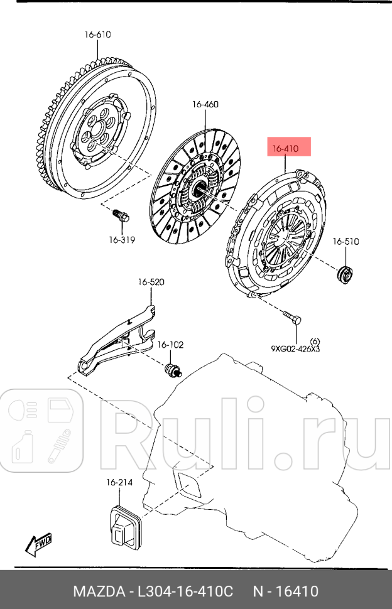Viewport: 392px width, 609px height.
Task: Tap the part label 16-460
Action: coord(205,105)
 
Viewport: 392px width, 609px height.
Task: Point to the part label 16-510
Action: coord(346,241)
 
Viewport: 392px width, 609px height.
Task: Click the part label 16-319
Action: coord(121,239)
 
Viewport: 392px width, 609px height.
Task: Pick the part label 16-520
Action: coord(151,283)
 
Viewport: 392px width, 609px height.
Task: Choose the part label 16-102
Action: coord(170,345)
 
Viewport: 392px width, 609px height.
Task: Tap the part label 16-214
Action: coord(119,483)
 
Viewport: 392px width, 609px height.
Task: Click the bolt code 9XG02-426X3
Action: coord(295,349)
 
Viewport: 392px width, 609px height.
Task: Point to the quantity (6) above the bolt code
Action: coord(315,341)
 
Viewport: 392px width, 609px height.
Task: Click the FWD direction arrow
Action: coord(39,544)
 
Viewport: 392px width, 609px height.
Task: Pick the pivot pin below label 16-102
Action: coord(173,370)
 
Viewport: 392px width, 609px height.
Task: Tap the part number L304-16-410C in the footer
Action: coord(186,591)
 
